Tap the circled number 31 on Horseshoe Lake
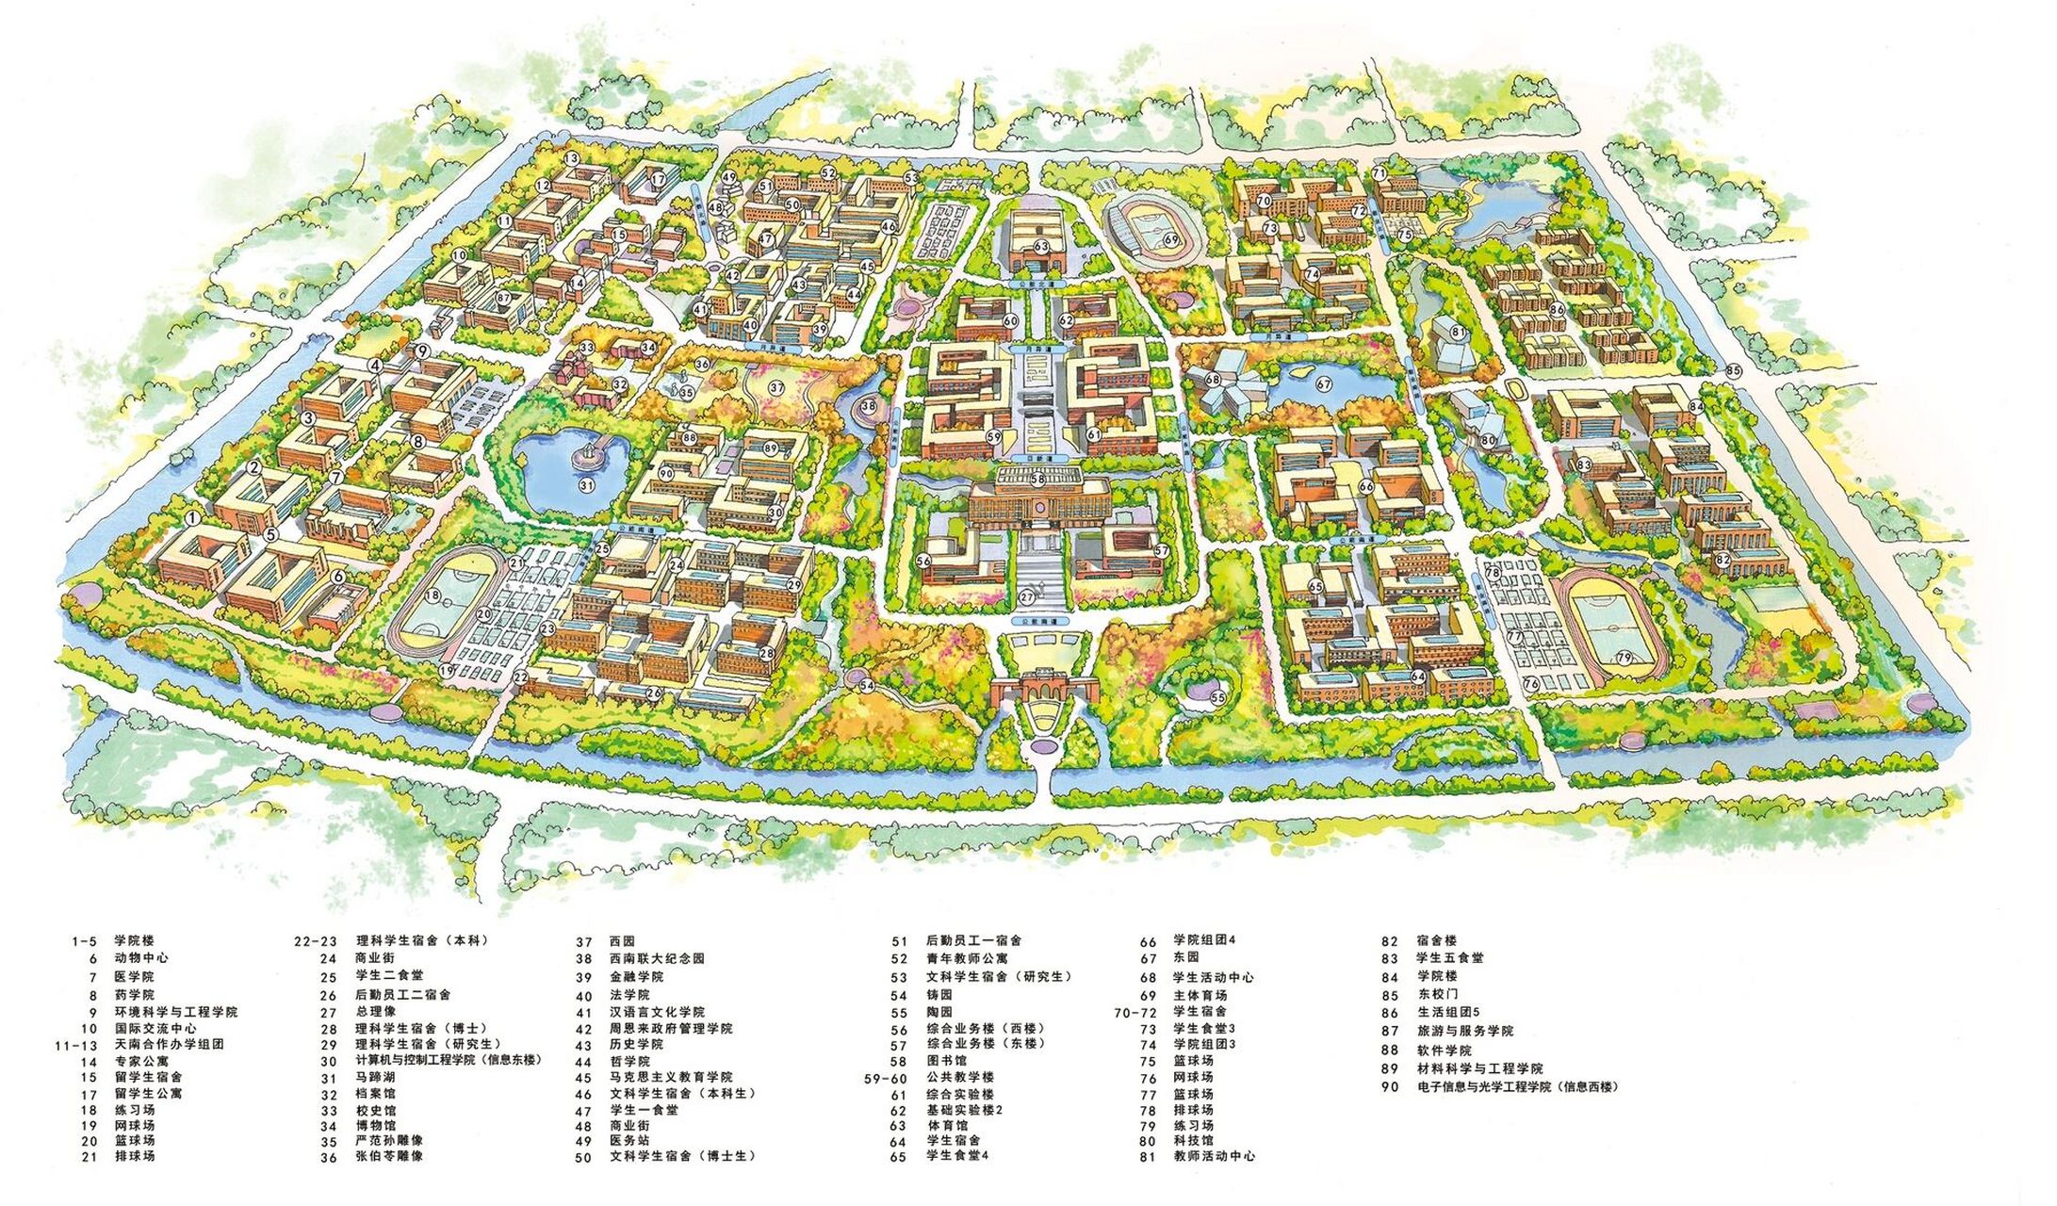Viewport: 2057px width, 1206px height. pos(586,486)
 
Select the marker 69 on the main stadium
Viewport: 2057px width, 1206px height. pos(1171,240)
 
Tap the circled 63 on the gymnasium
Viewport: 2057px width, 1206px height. pos(1040,247)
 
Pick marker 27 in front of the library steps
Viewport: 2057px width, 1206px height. pos(1028,596)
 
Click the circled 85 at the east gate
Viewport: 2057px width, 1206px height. pos(1734,371)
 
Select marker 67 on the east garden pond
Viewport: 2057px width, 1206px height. pos(1324,383)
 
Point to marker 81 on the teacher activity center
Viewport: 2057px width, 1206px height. pos(1459,332)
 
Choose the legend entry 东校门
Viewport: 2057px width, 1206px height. pos(1436,995)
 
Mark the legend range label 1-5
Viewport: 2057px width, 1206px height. pos(84,940)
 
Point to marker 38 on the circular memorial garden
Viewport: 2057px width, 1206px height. pos(868,406)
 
